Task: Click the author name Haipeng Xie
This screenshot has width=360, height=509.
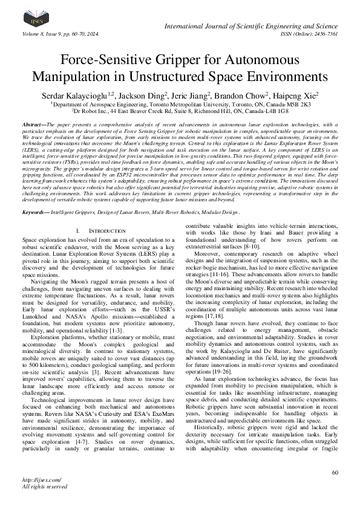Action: pyautogui.click(x=296, y=96)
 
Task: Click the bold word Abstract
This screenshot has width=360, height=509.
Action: pyautogui.click(x=33, y=124)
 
